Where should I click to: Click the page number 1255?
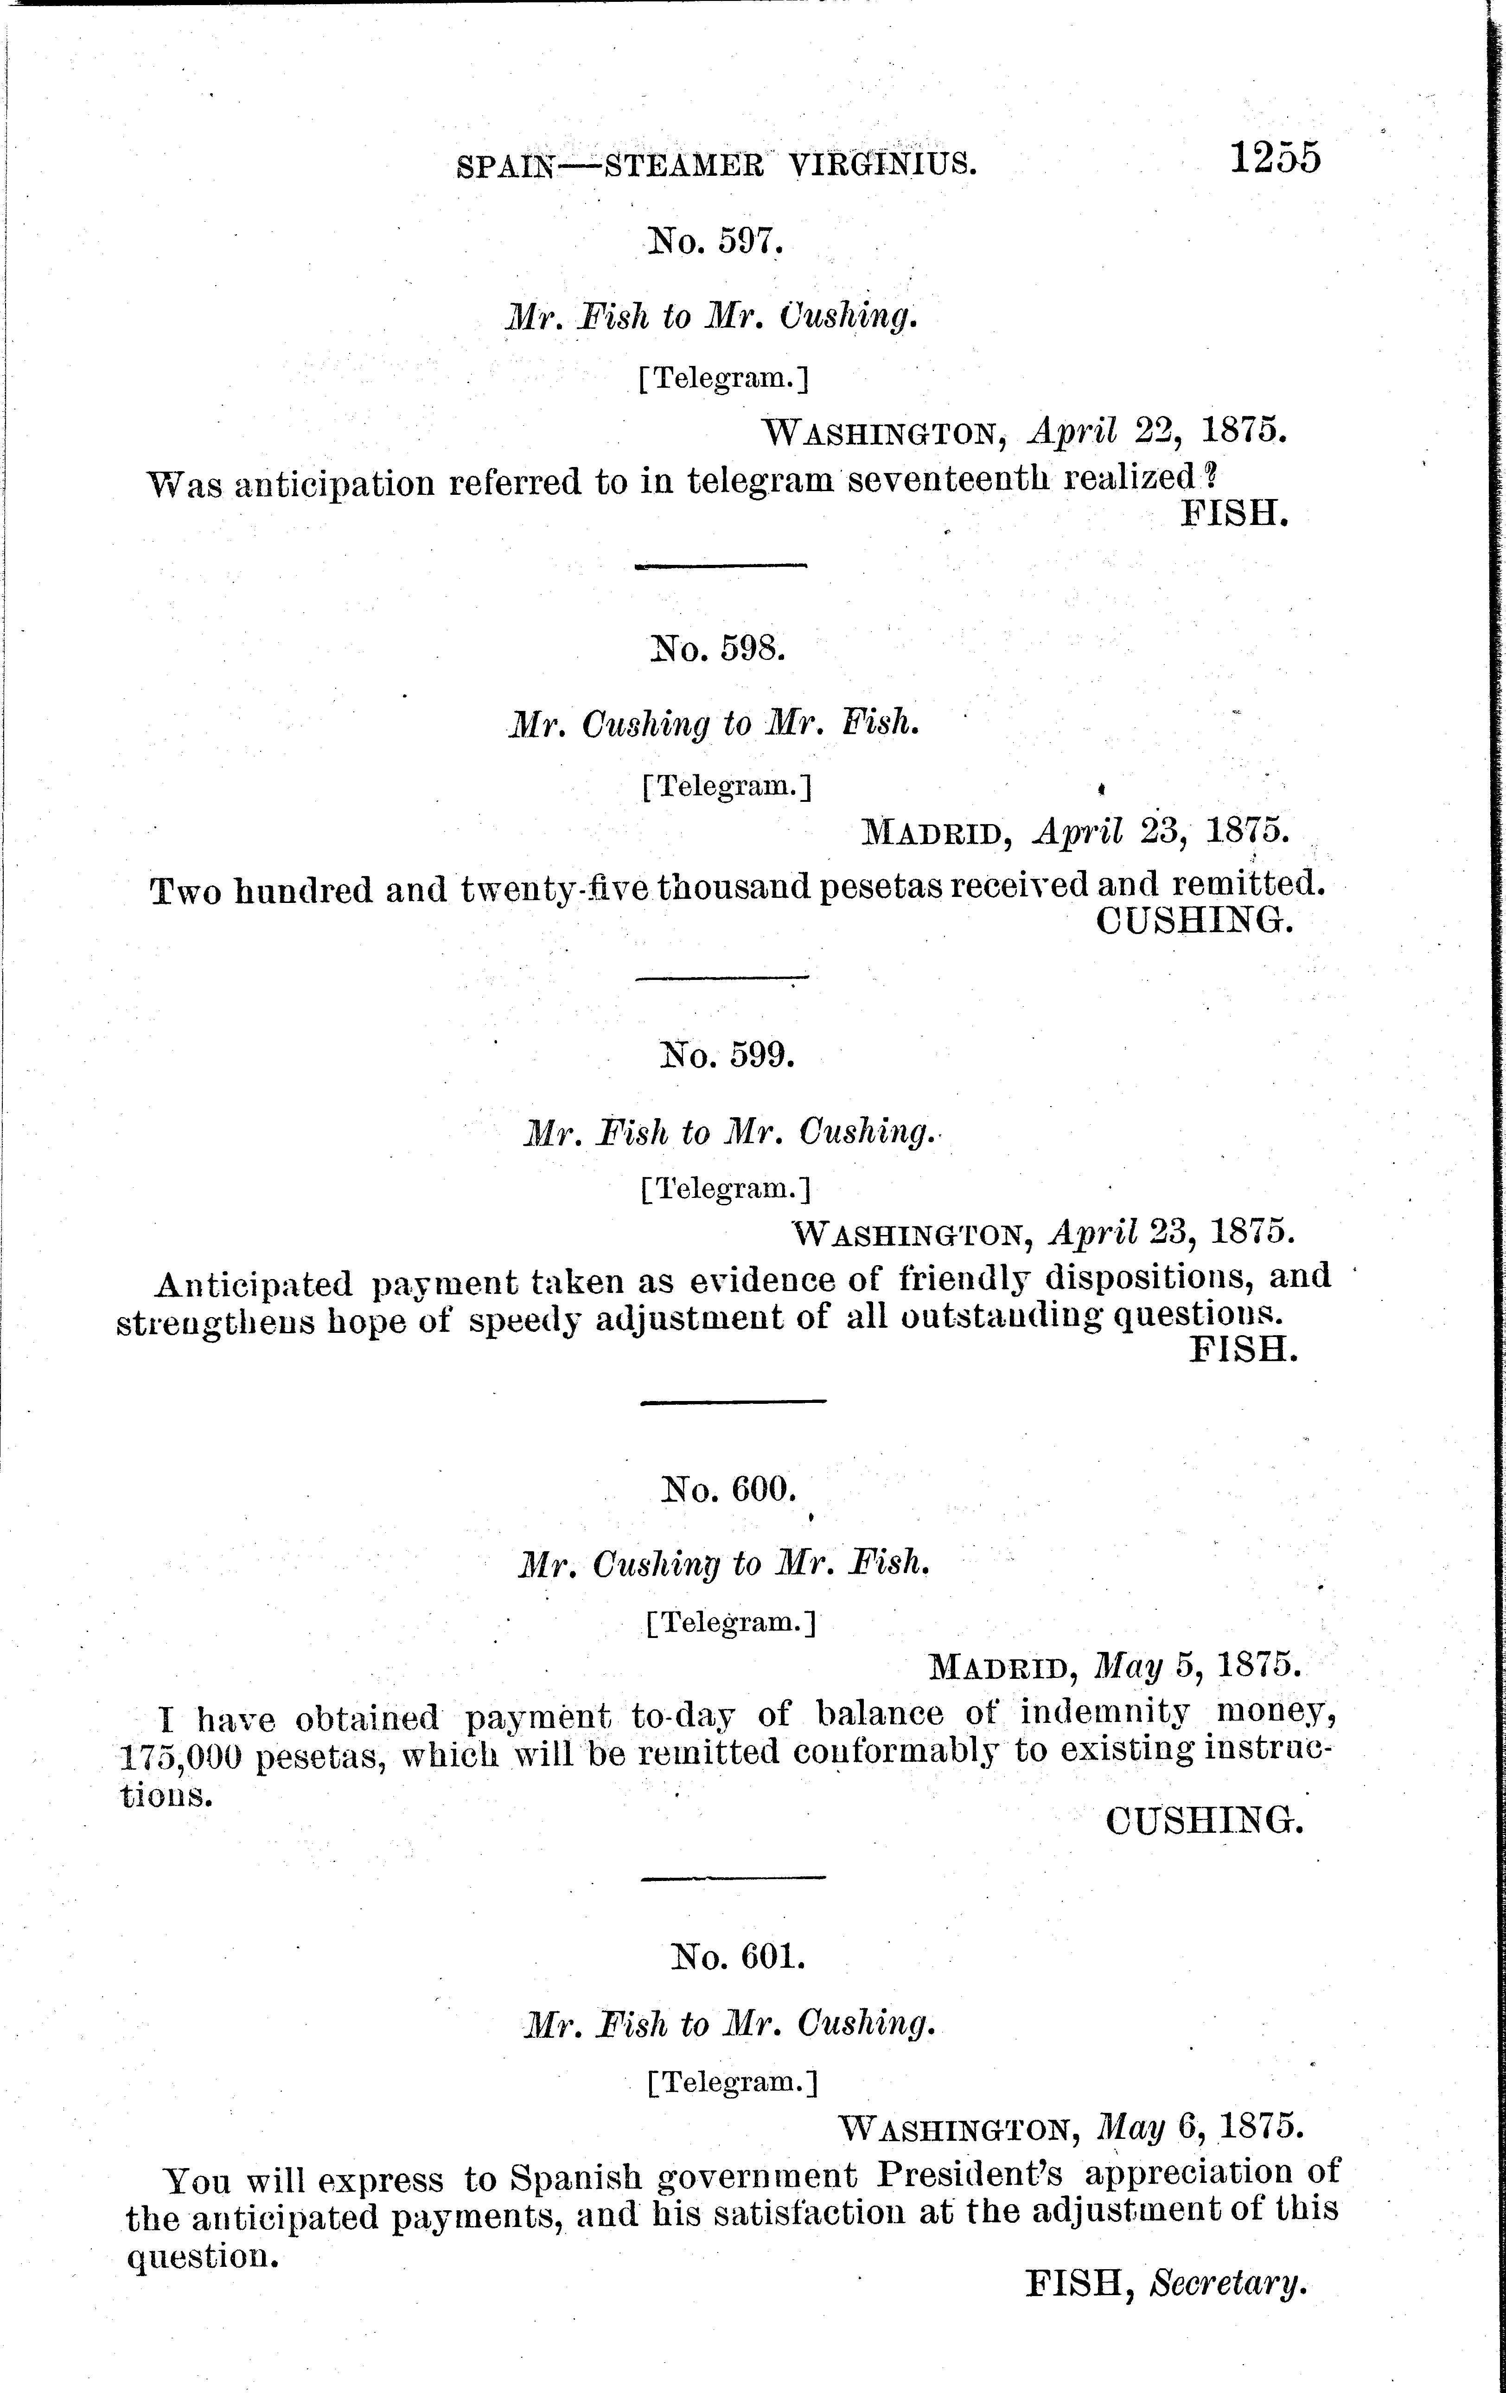(x=1276, y=158)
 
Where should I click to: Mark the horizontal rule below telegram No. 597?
(x=720, y=566)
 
